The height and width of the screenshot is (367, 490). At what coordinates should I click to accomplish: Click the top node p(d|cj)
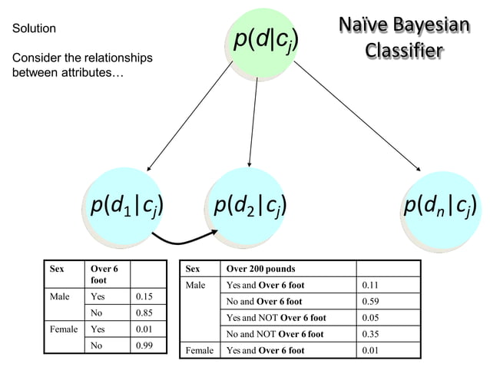click(262, 40)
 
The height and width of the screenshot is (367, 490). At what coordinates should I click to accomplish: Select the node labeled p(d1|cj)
click(125, 206)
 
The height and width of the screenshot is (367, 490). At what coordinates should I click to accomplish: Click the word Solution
click(34, 28)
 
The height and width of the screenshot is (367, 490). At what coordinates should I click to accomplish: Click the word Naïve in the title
click(364, 26)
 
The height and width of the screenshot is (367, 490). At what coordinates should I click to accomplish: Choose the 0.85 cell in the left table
click(144, 313)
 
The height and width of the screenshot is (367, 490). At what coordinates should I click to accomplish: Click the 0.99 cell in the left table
click(144, 346)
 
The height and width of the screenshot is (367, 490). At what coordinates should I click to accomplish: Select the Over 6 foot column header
click(104, 275)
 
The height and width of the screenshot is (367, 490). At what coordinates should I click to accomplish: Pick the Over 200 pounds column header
click(261, 269)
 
